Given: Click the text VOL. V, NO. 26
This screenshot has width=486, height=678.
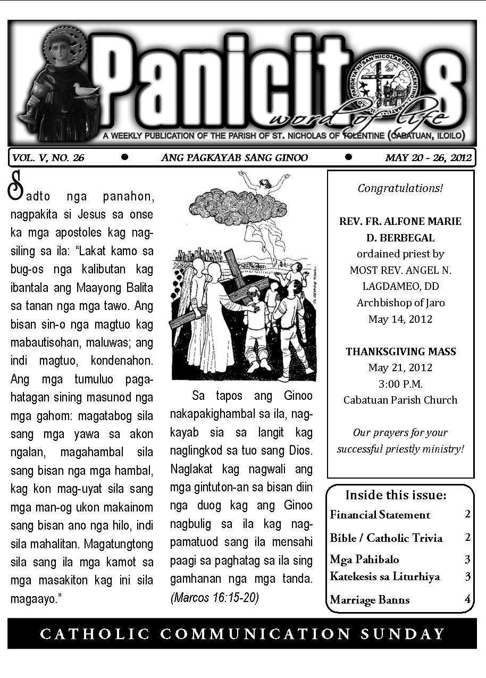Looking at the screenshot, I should pyautogui.click(x=48, y=157).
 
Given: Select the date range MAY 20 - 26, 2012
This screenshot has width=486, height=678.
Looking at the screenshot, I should pyautogui.click(x=428, y=157).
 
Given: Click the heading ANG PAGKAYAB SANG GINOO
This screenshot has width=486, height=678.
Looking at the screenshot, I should pyautogui.click(x=234, y=157).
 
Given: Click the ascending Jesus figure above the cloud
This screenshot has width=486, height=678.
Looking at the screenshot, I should pyautogui.click(x=264, y=186).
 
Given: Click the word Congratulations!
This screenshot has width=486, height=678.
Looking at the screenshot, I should pyautogui.click(x=400, y=188).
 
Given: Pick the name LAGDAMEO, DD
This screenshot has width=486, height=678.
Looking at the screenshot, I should pyautogui.click(x=400, y=286).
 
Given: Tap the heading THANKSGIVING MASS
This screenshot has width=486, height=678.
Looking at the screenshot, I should pyautogui.click(x=400, y=351).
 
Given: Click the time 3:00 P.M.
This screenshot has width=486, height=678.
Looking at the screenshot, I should pyautogui.click(x=400, y=384).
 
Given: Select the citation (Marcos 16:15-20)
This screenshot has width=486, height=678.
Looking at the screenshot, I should pyautogui.click(x=214, y=598).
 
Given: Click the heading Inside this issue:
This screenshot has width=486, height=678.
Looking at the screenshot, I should pyautogui.click(x=396, y=495).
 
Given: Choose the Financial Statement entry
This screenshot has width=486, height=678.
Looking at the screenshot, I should pyautogui.click(x=380, y=515).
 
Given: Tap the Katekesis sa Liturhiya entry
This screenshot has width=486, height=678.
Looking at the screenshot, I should pyautogui.click(x=384, y=576).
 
